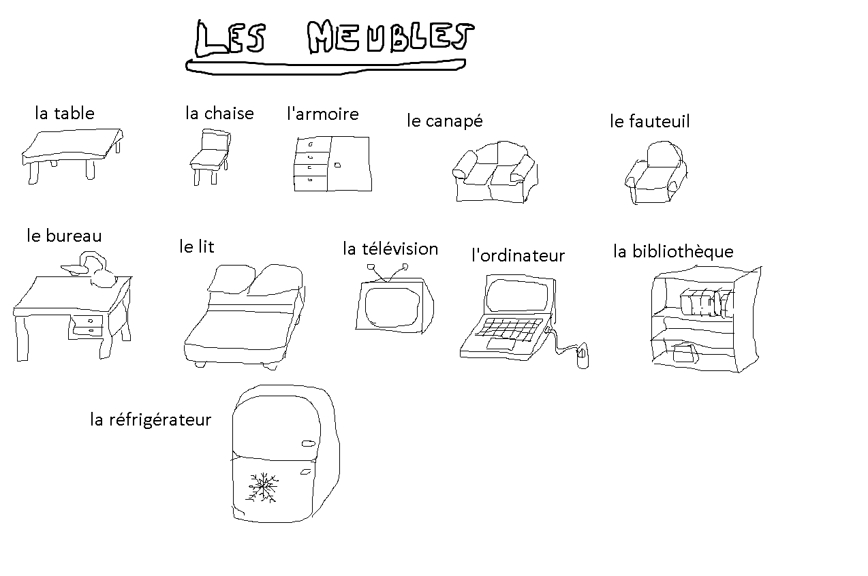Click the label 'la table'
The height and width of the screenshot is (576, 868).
point(65,113)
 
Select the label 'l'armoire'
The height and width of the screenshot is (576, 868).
point(322,113)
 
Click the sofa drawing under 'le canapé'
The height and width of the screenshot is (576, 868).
point(495,173)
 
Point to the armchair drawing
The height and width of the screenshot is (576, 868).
point(655,174)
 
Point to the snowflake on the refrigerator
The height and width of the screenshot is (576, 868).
point(262,487)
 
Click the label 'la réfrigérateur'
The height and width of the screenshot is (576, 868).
point(151,419)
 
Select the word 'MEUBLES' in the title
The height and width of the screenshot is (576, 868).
point(389,38)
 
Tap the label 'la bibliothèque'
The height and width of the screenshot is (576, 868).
point(673,251)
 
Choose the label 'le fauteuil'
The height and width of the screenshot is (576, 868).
point(649,121)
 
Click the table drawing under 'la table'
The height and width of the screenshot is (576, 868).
point(72,152)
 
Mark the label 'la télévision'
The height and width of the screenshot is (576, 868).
point(390,249)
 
